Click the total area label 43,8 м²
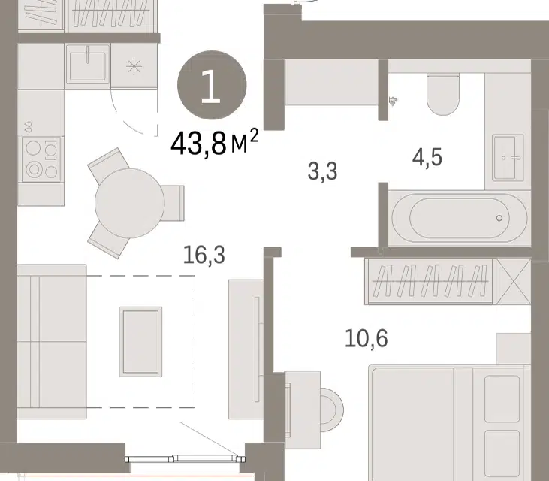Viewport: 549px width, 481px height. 214,143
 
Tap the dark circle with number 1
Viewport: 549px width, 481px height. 212,86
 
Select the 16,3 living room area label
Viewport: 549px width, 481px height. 204,255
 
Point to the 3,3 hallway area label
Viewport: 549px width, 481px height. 322,171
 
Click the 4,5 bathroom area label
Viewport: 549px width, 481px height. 427,157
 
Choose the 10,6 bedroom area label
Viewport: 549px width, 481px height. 367,338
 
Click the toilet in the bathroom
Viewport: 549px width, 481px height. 443,95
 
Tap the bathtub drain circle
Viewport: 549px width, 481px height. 499,218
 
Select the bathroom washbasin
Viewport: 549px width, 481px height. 508,157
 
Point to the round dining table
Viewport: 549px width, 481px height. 129,203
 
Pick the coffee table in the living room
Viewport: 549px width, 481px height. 140,342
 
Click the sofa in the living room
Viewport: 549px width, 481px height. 52,341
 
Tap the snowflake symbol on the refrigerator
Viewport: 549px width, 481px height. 134,67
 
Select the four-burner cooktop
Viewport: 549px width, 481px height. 41,159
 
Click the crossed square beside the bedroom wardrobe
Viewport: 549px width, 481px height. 514,281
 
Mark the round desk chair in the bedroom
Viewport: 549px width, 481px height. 331,410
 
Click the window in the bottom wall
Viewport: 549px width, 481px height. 186,458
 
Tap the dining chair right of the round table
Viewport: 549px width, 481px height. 173,203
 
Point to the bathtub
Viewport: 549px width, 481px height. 460,218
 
